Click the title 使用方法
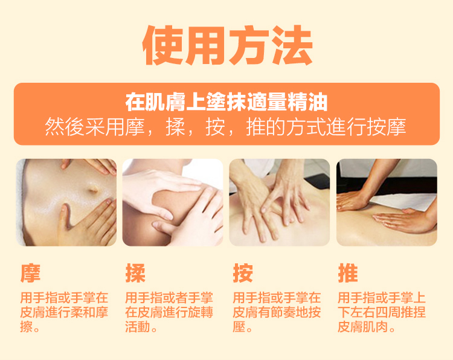point(228,45)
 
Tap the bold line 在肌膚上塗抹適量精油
point(226,102)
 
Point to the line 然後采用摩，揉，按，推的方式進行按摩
point(226,127)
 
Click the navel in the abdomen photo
point(93,190)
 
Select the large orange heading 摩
point(30,273)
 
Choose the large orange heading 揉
point(135,273)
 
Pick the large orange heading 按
point(243,273)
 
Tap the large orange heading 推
point(348,273)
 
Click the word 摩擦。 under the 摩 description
point(30,327)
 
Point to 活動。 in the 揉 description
point(141,327)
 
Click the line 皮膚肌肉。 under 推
point(367,327)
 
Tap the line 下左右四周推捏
point(382,312)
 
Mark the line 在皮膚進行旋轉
point(169,312)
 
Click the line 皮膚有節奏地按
point(277,312)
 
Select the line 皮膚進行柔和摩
point(64,312)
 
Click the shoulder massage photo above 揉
point(173,202)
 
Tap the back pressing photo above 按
point(280,202)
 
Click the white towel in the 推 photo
point(405,202)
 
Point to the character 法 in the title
point(292,45)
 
